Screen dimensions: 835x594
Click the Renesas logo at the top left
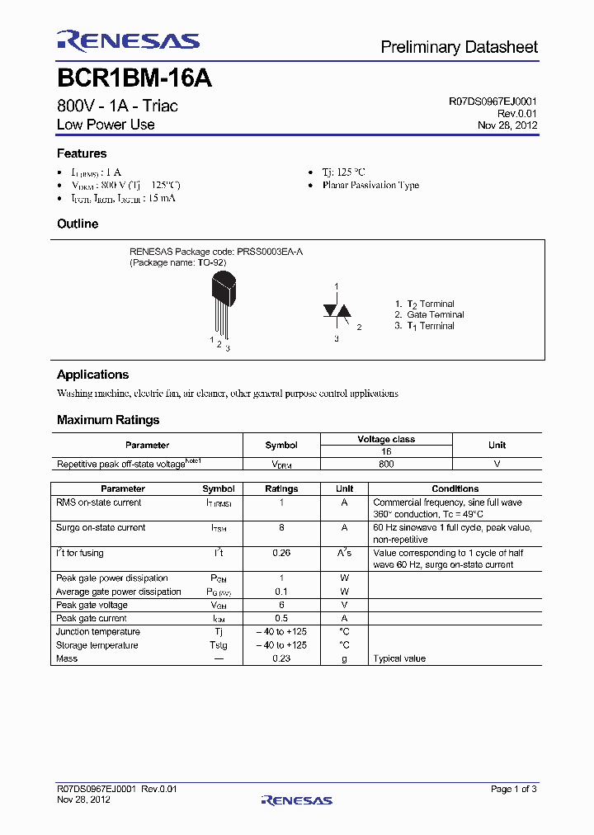[x=128, y=41]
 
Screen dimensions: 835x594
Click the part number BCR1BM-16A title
[x=134, y=78]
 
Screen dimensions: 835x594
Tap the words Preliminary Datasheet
[x=459, y=48]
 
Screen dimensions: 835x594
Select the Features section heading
[x=82, y=153]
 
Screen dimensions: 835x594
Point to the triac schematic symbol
[x=337, y=311]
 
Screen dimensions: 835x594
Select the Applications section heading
[x=92, y=375]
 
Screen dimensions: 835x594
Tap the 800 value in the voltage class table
[x=386, y=464]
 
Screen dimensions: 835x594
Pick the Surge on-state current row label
[x=101, y=527]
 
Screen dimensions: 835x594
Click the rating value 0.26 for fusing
[x=281, y=553]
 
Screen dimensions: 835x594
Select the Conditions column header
[x=455, y=488]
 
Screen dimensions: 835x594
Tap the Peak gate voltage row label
[x=92, y=605]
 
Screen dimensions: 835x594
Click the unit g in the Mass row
[x=345, y=658]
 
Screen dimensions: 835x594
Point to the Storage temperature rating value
[x=281, y=645]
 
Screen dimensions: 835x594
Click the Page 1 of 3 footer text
[x=513, y=789]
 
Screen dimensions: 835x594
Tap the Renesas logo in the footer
[x=296, y=800]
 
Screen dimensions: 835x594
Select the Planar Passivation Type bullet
[x=370, y=185]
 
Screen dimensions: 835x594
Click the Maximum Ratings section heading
[x=108, y=420]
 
